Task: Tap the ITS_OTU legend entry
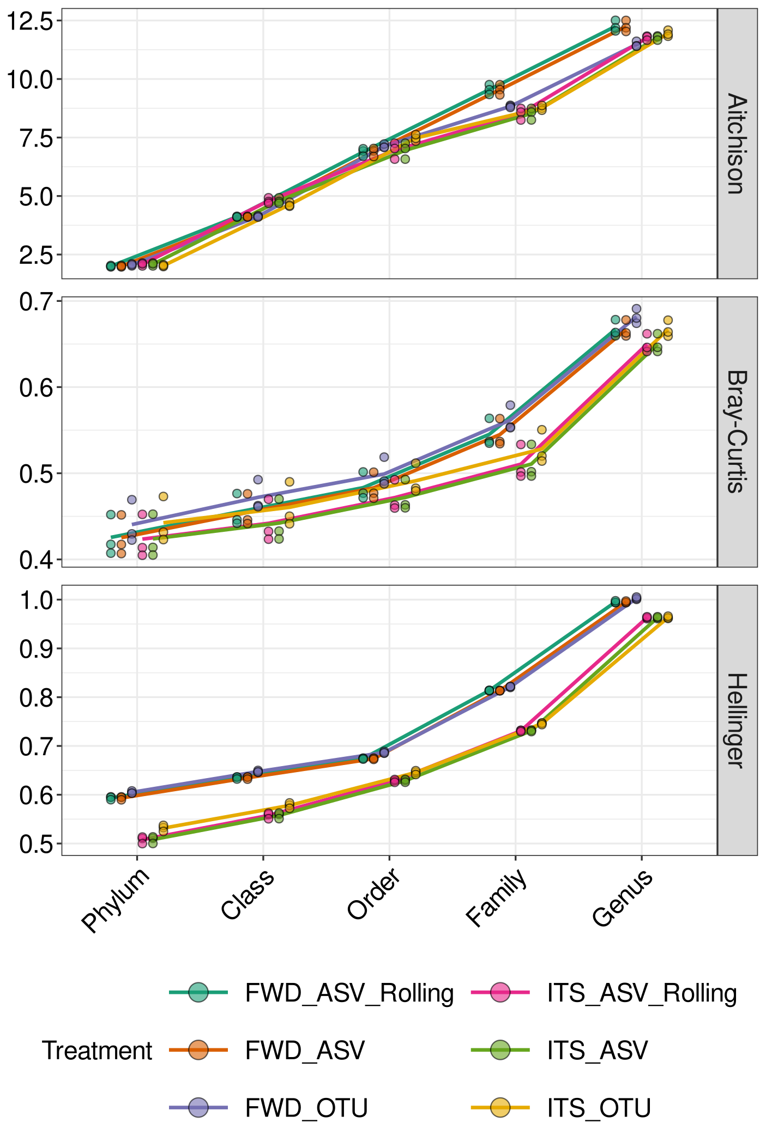click(x=599, y=1108)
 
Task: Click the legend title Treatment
click(x=97, y=1051)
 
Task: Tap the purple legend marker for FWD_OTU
click(x=198, y=1108)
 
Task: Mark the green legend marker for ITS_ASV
click(x=499, y=1050)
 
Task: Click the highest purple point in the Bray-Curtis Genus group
click(x=636, y=309)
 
